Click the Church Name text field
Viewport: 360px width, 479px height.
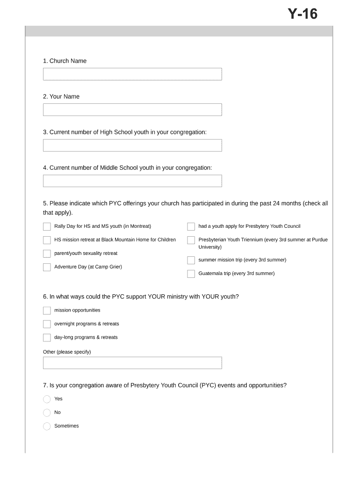click(132, 74)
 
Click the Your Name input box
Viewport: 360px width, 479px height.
click(132, 110)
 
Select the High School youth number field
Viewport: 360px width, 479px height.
click(132, 145)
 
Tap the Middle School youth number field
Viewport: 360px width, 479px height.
click(132, 181)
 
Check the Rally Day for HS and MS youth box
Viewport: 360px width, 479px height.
click(47, 226)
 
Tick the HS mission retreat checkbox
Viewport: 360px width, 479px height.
click(47, 240)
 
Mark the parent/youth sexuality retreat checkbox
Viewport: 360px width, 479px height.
click(47, 254)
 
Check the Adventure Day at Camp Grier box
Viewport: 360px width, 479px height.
click(47, 267)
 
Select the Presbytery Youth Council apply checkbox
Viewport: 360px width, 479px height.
click(191, 226)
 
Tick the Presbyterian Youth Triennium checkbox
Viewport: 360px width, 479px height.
click(191, 240)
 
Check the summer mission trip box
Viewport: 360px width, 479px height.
click(191, 260)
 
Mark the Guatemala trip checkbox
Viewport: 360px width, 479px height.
click(191, 274)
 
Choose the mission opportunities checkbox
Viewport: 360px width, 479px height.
click(47, 311)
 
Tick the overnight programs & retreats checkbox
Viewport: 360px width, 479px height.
click(47, 324)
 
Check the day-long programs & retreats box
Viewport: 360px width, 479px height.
click(47, 338)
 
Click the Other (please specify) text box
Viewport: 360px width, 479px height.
click(132, 363)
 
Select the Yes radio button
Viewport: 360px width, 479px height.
click(47, 399)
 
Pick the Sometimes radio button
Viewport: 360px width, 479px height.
click(47, 426)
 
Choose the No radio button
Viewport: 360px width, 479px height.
click(47, 413)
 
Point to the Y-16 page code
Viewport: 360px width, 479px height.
click(302, 15)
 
